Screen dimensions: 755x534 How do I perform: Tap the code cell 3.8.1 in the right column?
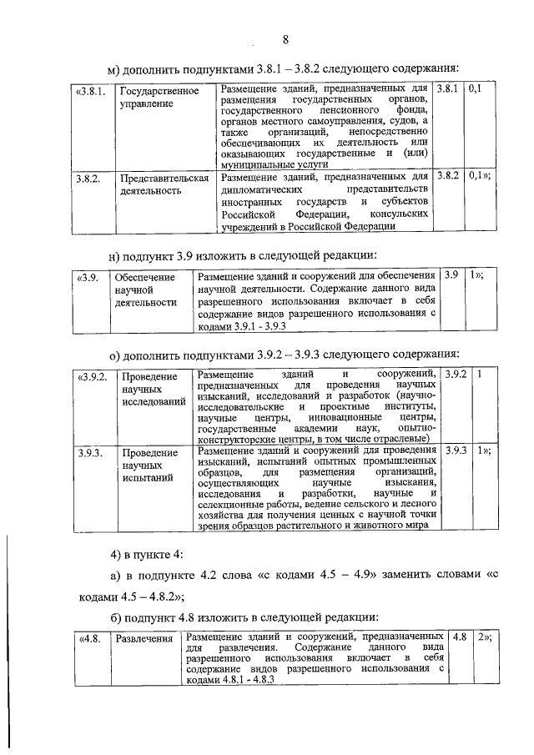point(448,88)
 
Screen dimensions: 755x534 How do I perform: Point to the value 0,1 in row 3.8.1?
point(476,88)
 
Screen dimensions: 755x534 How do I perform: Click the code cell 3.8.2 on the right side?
point(448,177)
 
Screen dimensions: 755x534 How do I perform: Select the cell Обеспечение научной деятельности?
point(145,289)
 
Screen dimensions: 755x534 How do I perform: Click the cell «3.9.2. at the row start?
point(92,378)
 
